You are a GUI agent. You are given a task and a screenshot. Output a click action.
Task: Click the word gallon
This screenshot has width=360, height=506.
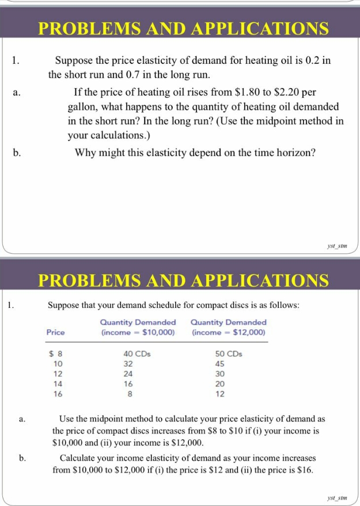click(84, 107)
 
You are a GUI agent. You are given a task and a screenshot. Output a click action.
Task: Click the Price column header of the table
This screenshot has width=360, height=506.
click(56, 332)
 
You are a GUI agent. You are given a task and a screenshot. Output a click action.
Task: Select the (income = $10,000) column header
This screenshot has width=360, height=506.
click(138, 332)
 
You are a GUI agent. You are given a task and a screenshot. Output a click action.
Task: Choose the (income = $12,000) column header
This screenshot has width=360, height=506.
click(228, 332)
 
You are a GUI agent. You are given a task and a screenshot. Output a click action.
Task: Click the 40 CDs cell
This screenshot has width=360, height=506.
click(137, 354)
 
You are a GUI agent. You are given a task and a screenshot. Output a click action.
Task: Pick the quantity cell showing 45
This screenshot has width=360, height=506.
click(219, 364)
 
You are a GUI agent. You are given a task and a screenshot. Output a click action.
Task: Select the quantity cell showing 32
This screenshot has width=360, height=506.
click(128, 364)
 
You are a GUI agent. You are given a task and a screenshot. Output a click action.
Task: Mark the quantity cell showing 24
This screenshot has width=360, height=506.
click(128, 374)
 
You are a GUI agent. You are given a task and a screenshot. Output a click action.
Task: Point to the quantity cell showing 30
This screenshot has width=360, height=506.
click(219, 374)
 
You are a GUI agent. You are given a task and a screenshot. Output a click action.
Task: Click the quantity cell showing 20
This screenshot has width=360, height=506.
click(219, 384)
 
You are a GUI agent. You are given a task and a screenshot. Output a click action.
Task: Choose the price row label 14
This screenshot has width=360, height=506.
click(58, 384)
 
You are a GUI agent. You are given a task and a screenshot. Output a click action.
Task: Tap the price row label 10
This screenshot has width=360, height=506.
click(58, 364)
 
